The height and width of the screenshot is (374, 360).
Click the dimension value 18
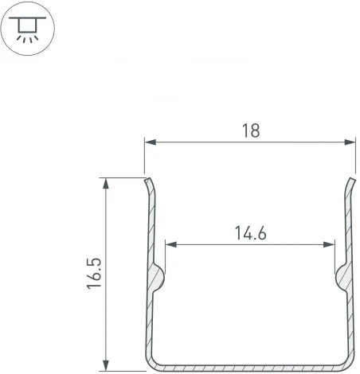tap(249, 131)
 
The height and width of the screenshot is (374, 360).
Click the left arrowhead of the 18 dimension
tap(149, 143)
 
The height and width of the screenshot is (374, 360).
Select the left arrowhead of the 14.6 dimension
tap(169, 244)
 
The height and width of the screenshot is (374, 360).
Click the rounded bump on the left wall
tap(158, 278)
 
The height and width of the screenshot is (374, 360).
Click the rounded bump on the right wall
tap(342, 278)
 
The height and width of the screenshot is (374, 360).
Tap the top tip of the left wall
tap(146, 180)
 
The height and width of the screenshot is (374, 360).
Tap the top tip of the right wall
tap(353, 180)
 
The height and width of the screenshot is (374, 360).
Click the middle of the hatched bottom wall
tap(249, 366)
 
